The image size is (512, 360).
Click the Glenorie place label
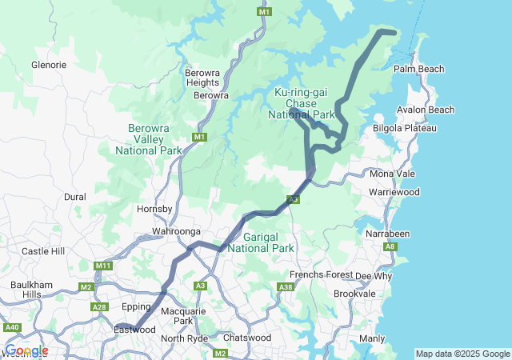(x=48, y=64)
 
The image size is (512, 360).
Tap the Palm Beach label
(x=418, y=70)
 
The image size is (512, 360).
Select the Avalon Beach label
(x=426, y=110)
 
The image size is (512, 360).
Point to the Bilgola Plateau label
(x=405, y=128)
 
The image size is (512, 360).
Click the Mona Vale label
(x=392, y=174)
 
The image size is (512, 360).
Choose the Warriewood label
(x=394, y=193)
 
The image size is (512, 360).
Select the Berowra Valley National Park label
(x=148, y=139)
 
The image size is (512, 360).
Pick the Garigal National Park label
(x=261, y=242)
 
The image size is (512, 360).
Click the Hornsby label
(x=155, y=209)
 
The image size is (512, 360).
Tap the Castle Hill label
(x=42, y=251)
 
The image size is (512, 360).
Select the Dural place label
(x=74, y=196)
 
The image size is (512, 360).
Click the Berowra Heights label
(x=202, y=77)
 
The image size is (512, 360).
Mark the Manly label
(x=372, y=338)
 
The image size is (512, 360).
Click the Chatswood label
(x=246, y=338)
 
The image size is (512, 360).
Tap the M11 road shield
(x=102, y=266)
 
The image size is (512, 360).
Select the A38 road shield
(x=286, y=286)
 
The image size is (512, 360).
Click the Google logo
(x=26, y=350)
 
